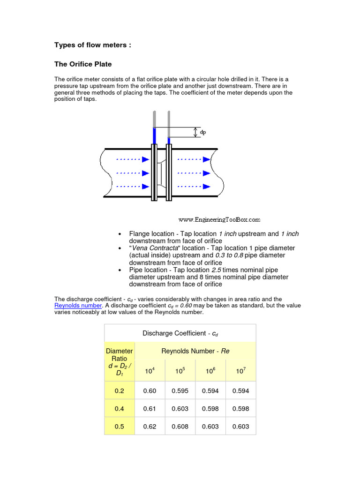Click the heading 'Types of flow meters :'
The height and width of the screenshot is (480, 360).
93,45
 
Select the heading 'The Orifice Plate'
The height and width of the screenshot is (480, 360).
83,64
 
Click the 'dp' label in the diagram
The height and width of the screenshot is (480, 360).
203,133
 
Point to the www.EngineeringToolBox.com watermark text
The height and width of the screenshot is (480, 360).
219,219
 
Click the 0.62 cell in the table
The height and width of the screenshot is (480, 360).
150,427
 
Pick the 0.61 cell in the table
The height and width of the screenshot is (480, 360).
150,409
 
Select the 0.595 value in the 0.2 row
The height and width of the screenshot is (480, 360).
180,390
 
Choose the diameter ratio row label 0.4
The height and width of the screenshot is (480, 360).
120,409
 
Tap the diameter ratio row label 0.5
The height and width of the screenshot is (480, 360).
120,427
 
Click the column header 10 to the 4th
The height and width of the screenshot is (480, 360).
150,370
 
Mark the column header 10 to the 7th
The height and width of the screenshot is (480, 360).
240,370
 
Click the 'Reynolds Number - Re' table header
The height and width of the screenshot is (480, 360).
195,351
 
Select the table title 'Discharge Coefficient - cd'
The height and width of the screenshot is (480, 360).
180,333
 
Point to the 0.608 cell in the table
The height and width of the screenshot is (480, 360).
180,427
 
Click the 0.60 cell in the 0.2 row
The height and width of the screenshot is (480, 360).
150,390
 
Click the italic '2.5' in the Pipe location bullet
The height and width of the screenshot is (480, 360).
216,270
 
